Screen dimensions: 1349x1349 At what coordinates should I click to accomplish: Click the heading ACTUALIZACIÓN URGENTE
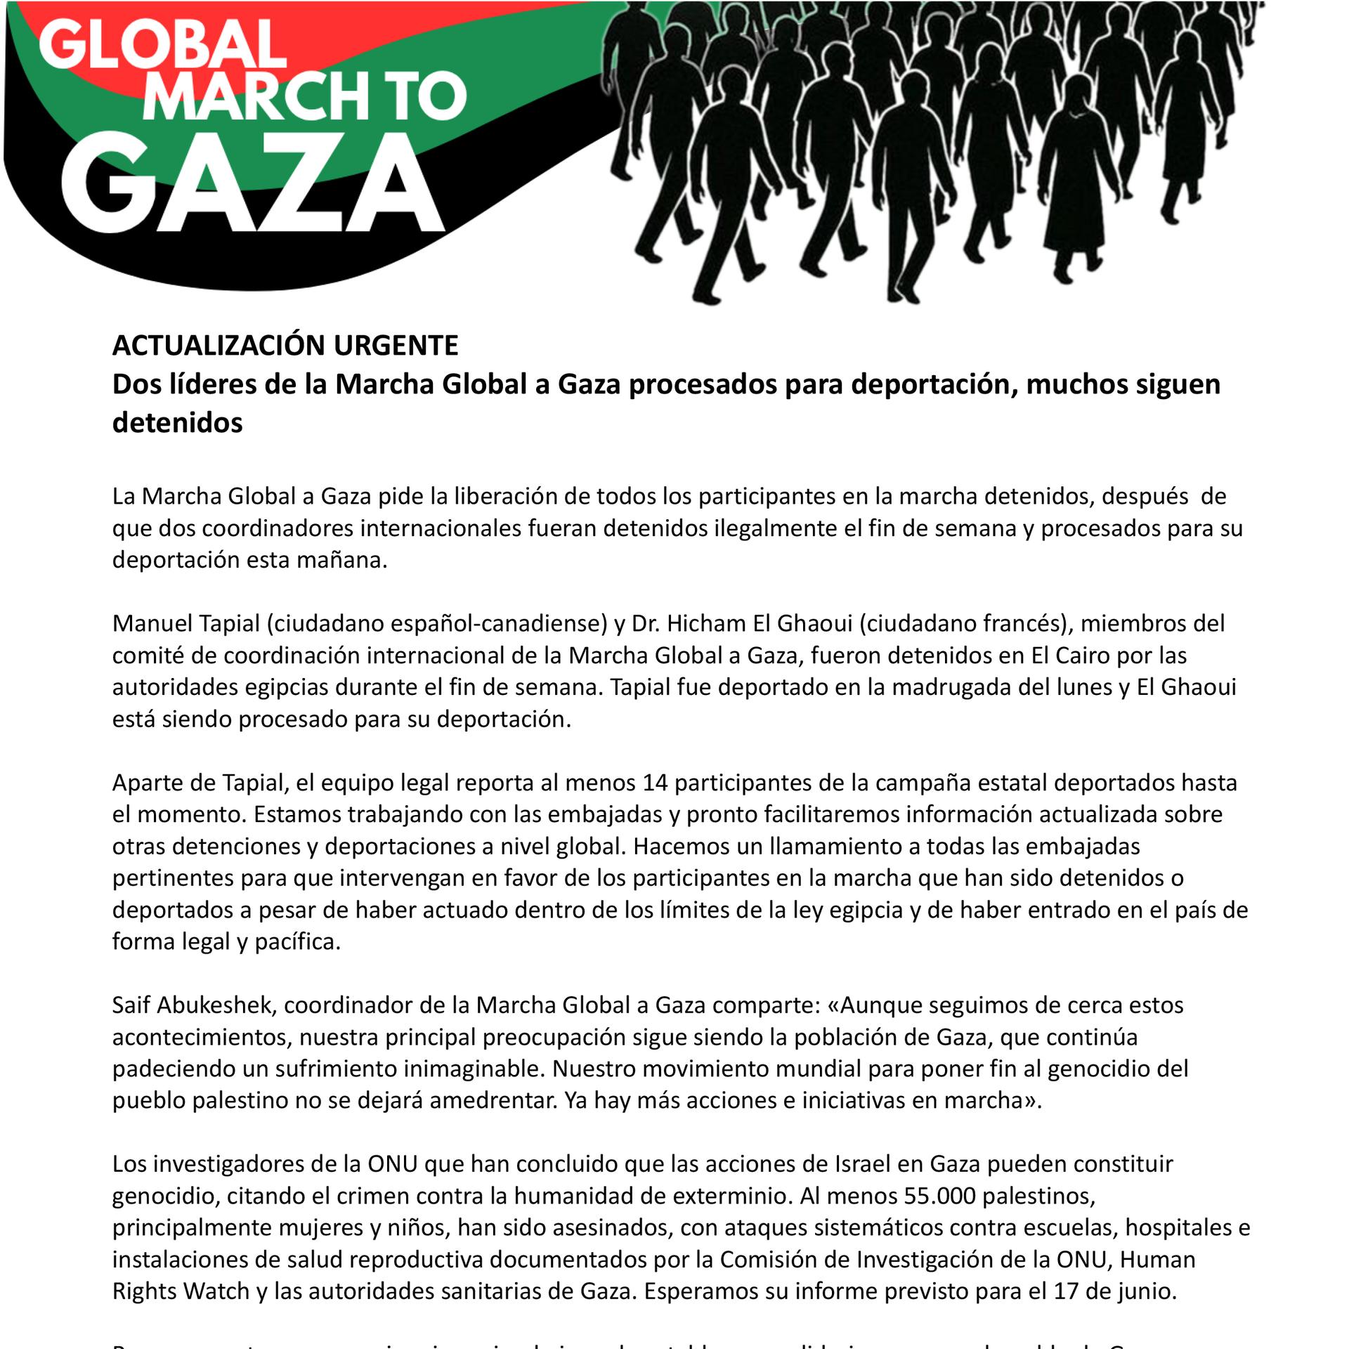pyautogui.click(x=285, y=346)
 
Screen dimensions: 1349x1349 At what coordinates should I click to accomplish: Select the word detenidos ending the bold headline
pyautogui.click(x=178, y=423)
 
